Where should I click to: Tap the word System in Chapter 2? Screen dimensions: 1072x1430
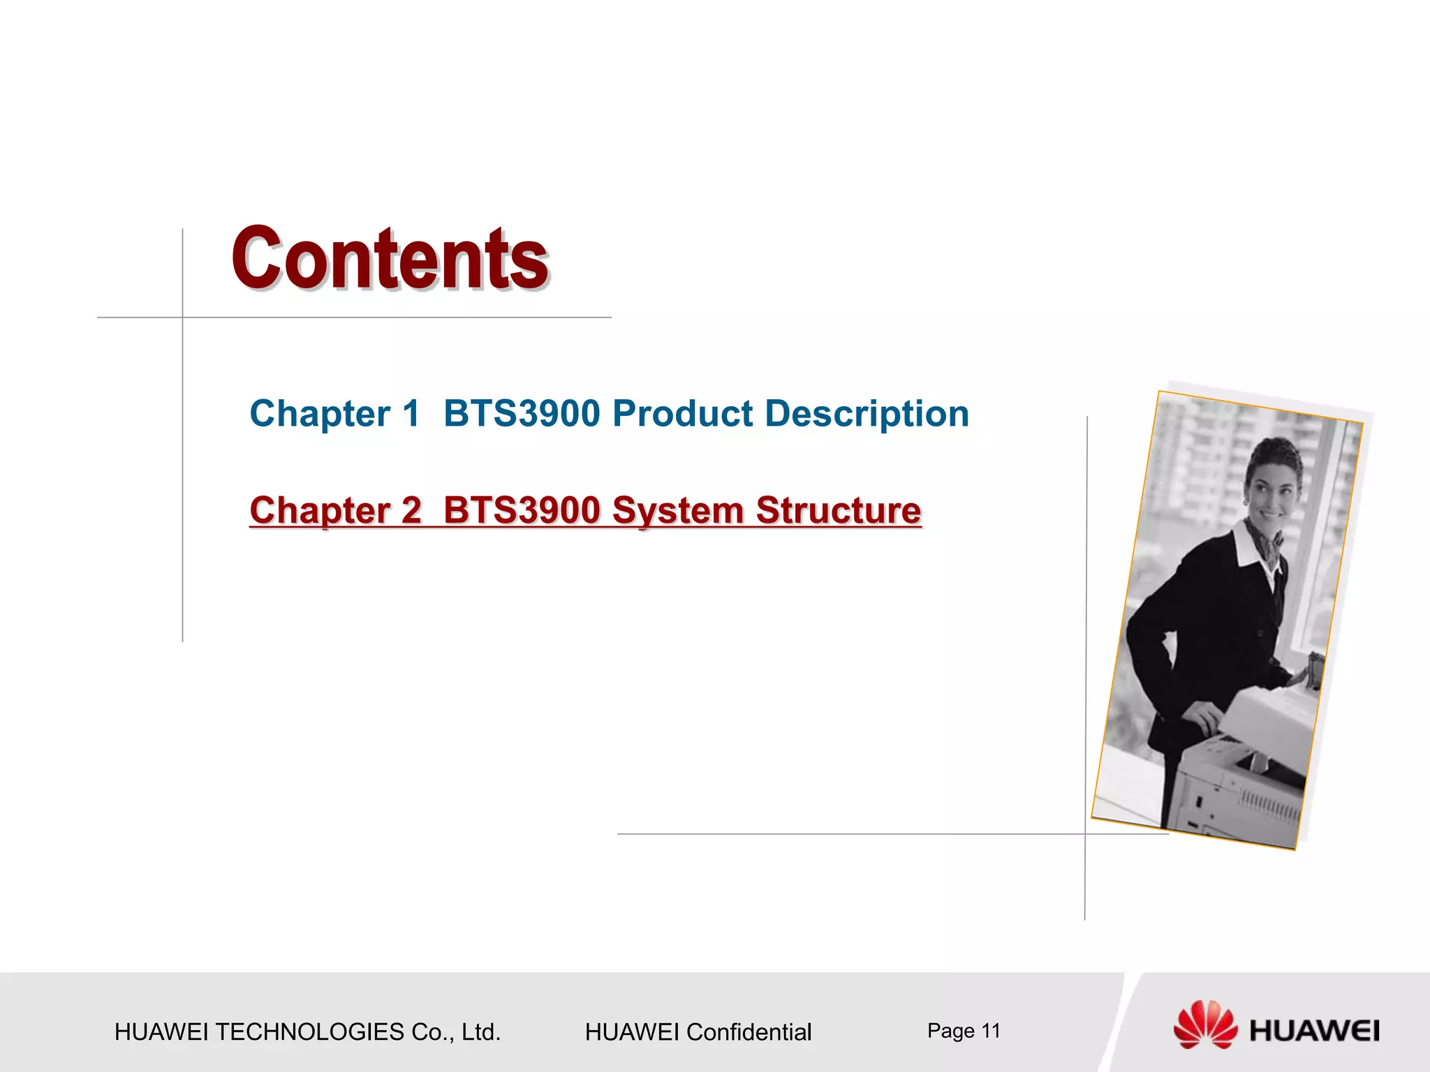point(677,510)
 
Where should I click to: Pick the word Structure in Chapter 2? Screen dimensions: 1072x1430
point(839,510)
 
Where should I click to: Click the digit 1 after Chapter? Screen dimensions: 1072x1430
point(411,413)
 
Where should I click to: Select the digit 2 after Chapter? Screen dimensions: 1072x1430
point(411,510)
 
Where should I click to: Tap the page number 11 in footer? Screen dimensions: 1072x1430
point(991,1030)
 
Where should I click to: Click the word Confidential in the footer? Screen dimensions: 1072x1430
point(749,1032)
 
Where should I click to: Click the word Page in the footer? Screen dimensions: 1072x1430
point(950,1030)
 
